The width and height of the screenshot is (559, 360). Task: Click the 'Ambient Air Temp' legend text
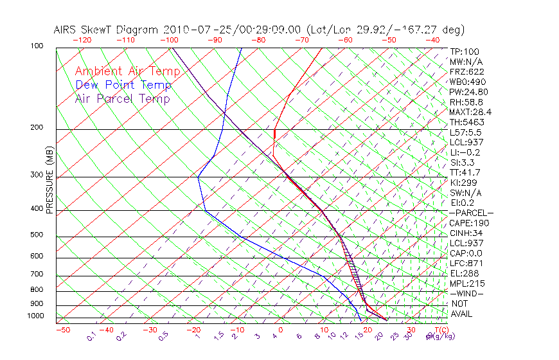pyautogui.click(x=127, y=71)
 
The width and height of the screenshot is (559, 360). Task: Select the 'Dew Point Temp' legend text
pyautogui.click(x=123, y=85)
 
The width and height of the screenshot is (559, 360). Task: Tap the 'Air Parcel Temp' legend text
pyautogui.click(x=122, y=98)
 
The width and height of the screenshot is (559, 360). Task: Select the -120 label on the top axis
pyautogui.click(x=82, y=39)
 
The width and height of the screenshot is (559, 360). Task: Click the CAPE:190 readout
pyautogui.click(x=466, y=223)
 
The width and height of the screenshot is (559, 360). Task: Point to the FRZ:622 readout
pyautogui.click(x=466, y=71)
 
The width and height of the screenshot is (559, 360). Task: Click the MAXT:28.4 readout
pyautogui.click(x=468, y=112)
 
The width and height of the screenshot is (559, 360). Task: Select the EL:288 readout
pyautogui.click(x=462, y=273)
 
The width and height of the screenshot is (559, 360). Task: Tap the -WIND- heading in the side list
pyautogui.click(x=466, y=293)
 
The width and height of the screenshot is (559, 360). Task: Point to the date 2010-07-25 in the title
pyautogui.click(x=193, y=30)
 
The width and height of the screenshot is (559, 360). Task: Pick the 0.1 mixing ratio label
pyautogui.click(x=93, y=336)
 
